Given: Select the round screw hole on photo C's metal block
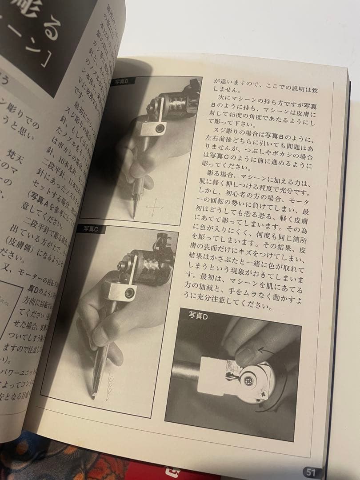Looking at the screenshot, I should tap(130, 293).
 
